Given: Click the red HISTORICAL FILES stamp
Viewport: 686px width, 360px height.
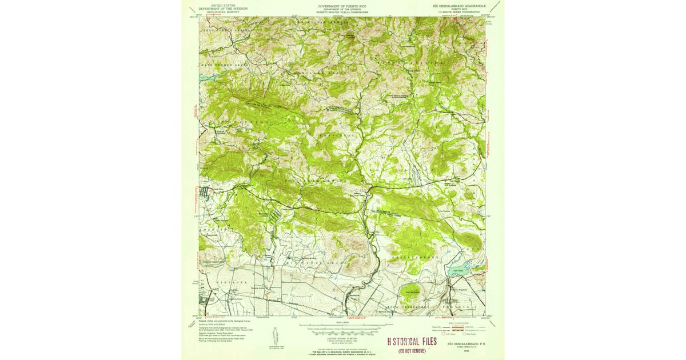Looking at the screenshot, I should point(412,341).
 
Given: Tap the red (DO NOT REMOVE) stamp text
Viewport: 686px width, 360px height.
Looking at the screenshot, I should point(412,350).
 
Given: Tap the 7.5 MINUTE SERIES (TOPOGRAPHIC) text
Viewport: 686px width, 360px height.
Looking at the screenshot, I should point(461,11).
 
